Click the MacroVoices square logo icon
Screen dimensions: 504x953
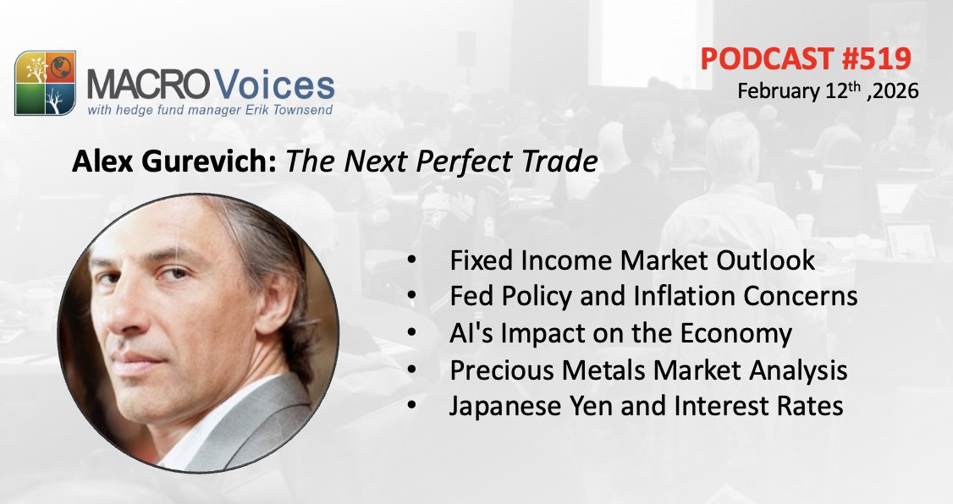pos(45,83)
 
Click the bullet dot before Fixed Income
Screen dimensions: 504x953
pos(411,260)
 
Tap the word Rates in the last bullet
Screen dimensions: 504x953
pos(813,406)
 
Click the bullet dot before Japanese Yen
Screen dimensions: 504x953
pos(411,407)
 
